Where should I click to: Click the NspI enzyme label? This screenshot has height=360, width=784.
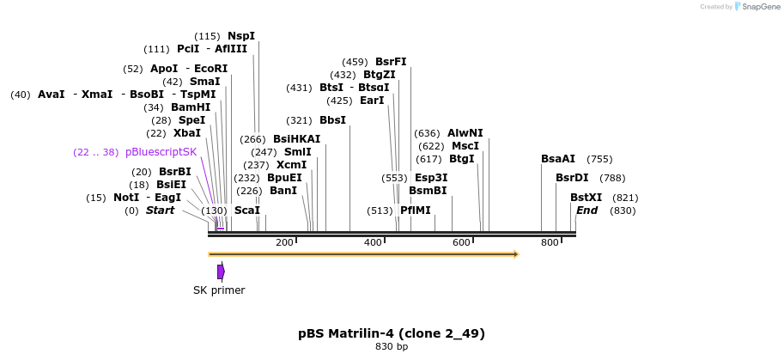240,36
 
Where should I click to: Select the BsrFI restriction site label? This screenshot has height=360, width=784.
391,62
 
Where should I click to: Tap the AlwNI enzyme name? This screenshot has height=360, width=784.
465,133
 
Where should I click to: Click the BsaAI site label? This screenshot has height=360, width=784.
558,159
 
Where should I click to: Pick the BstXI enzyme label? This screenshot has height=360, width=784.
586,198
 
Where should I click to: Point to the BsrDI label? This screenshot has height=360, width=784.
572,178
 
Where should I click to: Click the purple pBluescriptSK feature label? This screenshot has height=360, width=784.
161,152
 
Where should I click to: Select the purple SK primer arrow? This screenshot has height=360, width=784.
221,272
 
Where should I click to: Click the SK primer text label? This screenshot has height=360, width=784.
219,290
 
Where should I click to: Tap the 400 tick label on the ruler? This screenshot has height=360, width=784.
373,243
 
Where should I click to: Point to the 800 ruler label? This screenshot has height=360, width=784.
550,243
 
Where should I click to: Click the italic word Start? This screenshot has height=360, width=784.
160,211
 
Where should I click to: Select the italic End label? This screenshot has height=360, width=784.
586,211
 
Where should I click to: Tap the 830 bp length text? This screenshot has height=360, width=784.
392,347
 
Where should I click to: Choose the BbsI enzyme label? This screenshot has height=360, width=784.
332,120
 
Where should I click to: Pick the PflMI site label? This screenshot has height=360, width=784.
415,211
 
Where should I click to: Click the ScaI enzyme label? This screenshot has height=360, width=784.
246,211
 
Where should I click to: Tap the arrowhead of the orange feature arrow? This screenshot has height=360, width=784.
516,254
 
